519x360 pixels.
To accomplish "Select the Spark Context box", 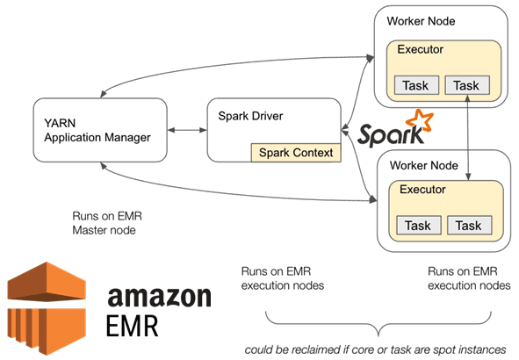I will pyautogui.click(x=295, y=153).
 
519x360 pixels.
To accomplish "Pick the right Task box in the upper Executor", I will pyautogui.click(x=467, y=85).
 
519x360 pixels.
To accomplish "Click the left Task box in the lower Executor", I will pyautogui.click(x=417, y=226).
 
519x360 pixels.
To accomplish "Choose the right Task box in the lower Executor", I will pyautogui.click(x=468, y=226).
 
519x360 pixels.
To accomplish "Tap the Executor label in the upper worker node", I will pyautogui.click(x=421, y=49).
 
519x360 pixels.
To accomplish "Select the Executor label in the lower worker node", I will pyautogui.click(x=423, y=189).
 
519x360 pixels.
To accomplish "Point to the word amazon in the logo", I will pyautogui.click(x=159, y=296).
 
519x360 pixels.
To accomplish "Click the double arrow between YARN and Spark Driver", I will pyautogui.click(x=185, y=131).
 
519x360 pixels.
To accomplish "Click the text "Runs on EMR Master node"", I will pyautogui.click(x=106, y=223).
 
